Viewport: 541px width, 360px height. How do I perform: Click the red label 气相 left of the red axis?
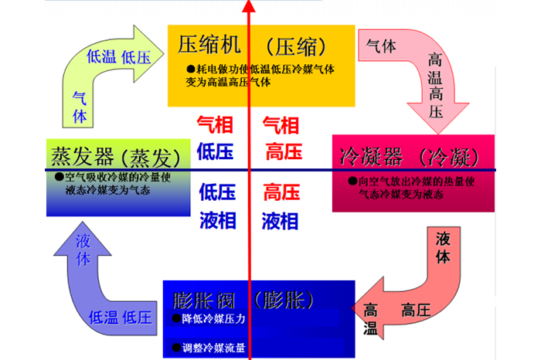click(x=213, y=124)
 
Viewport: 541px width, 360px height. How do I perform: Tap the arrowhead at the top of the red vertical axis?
click(x=249, y=5)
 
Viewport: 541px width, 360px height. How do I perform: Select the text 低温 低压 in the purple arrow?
click(x=120, y=317)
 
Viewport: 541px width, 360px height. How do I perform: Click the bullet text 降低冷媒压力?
click(x=210, y=318)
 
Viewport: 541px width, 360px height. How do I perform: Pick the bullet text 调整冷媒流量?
click(x=210, y=348)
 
